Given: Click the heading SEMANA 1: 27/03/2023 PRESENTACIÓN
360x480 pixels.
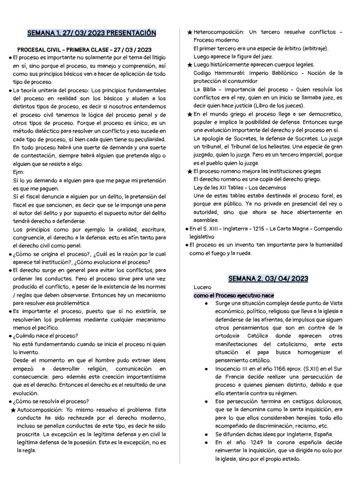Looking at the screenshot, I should pyautogui.click(x=91, y=33).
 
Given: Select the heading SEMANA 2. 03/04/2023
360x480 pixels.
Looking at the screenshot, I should pyautogui.click(x=268, y=278).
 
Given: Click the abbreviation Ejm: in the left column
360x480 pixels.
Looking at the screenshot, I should pyautogui.click(x=19, y=172).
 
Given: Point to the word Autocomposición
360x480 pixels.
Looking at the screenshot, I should pyautogui.click(x=39, y=409).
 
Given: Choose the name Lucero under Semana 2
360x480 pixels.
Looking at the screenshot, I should pyautogui.click(x=202, y=287).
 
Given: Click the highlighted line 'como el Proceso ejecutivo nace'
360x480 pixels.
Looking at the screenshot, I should pyautogui.click(x=233, y=295).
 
